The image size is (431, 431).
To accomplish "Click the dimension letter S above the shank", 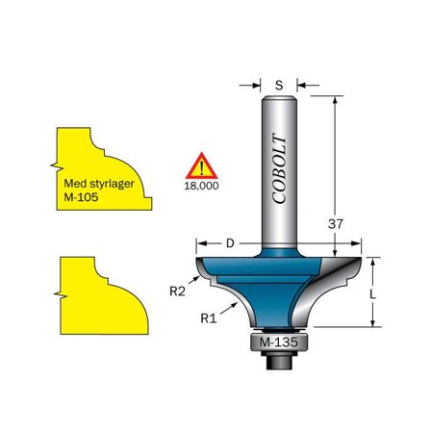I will pos(279,86).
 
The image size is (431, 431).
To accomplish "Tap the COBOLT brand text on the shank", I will pos(280,169).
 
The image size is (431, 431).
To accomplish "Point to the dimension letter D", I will pos(230,243).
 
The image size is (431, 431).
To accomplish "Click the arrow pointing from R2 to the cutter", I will pos(197,280).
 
